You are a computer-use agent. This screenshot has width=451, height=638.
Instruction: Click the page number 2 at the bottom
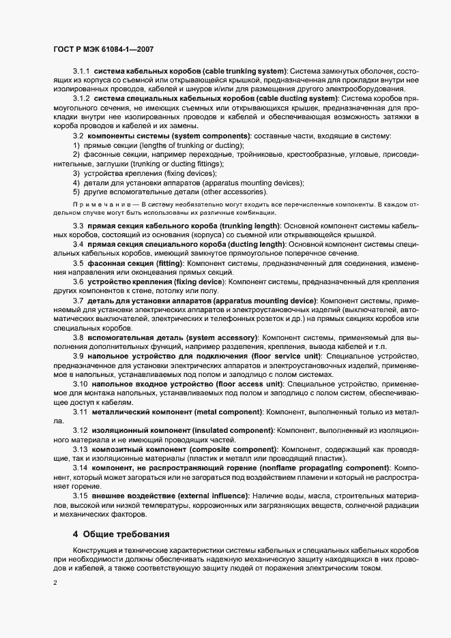point(56,583)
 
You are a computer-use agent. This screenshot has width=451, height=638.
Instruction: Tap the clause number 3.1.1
point(81,71)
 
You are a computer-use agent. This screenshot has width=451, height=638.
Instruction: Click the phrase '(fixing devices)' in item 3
point(173,173)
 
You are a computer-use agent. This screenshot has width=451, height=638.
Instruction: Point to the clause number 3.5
point(78,263)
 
